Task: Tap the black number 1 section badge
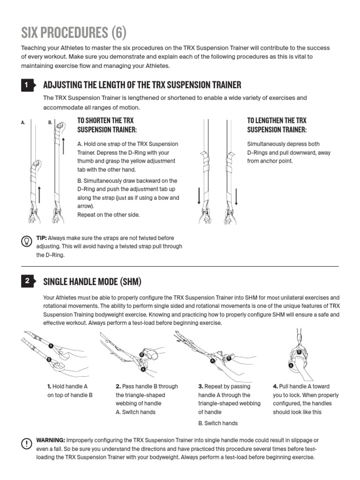pyautogui.click(x=27, y=85)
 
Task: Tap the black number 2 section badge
pyautogui.click(x=27, y=281)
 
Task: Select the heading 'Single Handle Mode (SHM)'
pyautogui.click(x=92, y=282)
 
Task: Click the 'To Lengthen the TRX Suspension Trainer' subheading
pyautogui.click(x=277, y=125)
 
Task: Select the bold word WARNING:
pyautogui.click(x=51, y=440)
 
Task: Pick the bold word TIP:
pyautogui.click(x=42, y=238)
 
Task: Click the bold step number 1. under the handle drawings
pyautogui.click(x=49, y=387)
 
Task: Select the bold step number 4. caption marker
pyautogui.click(x=276, y=387)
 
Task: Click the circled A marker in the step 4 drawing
pyautogui.click(x=291, y=365)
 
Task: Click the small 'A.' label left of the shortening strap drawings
pyautogui.click(x=23, y=123)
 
